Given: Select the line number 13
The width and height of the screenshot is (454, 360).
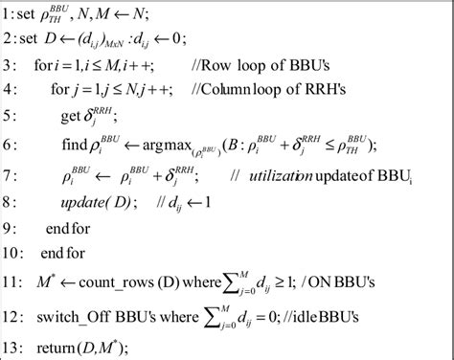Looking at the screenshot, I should (13, 343).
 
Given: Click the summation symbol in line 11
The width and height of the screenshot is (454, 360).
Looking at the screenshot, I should (273, 283).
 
